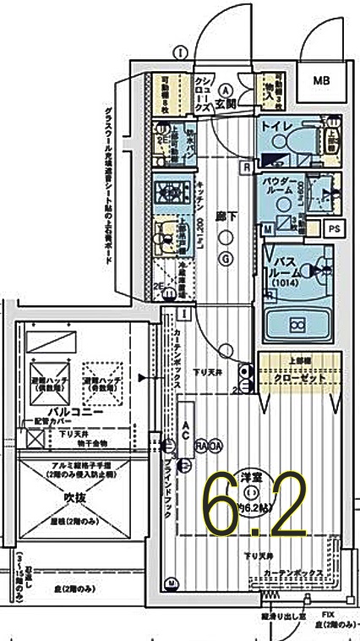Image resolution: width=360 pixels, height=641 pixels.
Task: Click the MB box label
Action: [323, 81]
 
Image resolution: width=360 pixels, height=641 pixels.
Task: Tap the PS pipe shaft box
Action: [336, 227]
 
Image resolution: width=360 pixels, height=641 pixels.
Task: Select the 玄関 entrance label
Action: [225, 104]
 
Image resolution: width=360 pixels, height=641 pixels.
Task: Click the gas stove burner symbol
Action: [166, 192]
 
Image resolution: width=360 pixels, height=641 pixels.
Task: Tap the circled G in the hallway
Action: [226, 260]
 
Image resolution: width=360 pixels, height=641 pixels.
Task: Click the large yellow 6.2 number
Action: [254, 506]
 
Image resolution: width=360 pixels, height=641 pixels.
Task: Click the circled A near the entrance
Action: [226, 89]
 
